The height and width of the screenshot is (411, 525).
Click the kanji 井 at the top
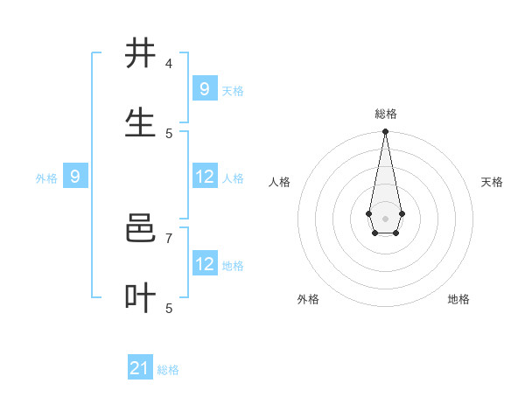coord(141,53)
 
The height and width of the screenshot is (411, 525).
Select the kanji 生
coord(141,123)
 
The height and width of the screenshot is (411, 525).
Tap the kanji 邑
coord(141,229)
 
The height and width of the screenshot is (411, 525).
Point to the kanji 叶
coord(141,298)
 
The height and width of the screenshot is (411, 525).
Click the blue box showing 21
coord(140,368)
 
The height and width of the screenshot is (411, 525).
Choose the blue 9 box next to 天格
coord(204,89)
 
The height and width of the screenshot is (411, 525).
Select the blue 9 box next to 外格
coord(75,177)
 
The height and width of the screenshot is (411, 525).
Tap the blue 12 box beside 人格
coord(204,177)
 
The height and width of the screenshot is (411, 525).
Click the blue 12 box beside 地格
coord(204,264)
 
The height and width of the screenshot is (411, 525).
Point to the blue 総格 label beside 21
coord(168,370)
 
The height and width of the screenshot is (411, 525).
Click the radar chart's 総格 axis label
coord(385,114)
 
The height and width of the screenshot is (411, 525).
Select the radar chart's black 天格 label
coord(492,182)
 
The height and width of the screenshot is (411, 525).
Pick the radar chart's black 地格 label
coord(458,299)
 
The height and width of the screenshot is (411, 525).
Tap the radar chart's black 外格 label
coord(308,299)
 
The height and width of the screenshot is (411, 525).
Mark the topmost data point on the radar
coord(385,132)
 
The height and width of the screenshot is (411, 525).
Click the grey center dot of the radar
coord(385,218)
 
